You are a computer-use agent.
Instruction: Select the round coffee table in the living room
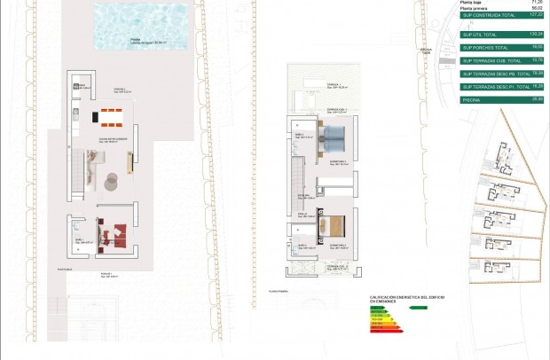click(112, 184)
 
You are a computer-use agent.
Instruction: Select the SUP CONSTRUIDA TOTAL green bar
click(501, 16)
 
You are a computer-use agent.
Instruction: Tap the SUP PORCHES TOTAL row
click(501, 47)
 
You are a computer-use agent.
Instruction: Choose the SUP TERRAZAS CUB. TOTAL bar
click(501, 60)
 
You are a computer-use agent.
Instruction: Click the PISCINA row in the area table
click(501, 100)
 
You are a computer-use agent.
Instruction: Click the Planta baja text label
click(471, 3)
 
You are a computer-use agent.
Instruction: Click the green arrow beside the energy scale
click(417, 308)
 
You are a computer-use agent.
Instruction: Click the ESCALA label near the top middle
click(426, 51)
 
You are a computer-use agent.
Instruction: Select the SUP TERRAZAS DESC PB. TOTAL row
click(501, 74)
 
